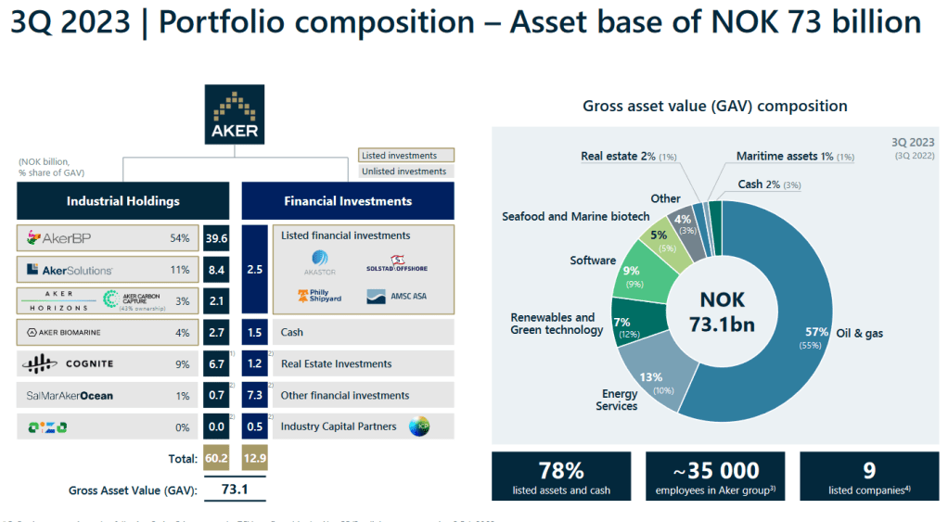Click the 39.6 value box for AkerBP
tap(215, 239)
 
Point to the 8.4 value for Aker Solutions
tap(215, 270)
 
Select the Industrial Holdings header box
tap(123, 200)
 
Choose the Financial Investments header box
tap(348, 200)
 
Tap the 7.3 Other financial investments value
tap(255, 395)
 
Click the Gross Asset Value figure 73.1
tap(235, 489)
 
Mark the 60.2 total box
tap(215, 457)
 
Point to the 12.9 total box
tap(255, 457)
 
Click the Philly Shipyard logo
tap(318, 297)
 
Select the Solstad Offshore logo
tap(397, 264)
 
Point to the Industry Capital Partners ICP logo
tap(420, 427)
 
